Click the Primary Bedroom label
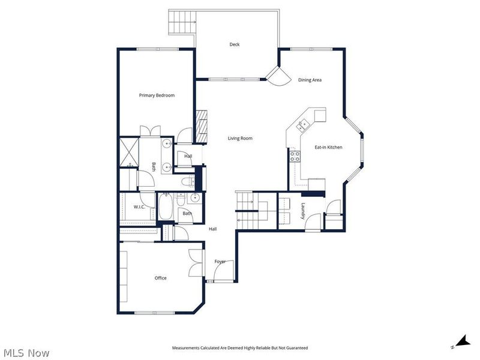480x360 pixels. (x=157, y=95)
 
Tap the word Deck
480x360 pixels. (x=234, y=44)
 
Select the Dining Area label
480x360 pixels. (x=310, y=80)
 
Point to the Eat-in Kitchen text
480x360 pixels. (x=329, y=147)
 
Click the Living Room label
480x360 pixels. (x=240, y=139)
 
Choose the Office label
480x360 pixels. (x=160, y=278)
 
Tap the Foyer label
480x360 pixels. (x=220, y=262)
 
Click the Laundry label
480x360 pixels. (x=303, y=211)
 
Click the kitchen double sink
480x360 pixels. (x=302, y=125)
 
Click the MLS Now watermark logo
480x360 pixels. (x=26, y=353)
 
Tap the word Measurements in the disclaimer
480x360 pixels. (x=188, y=348)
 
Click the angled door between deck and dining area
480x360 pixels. (x=275, y=77)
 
